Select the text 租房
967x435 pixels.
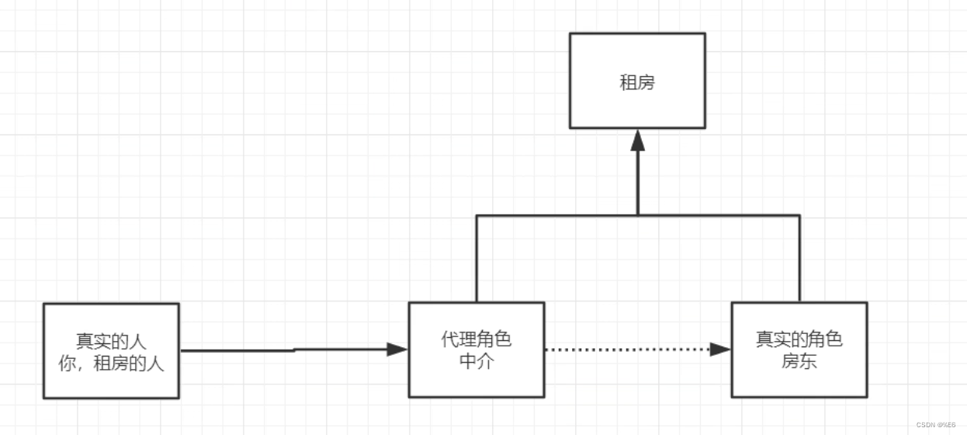click(x=637, y=82)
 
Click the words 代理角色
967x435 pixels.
click(x=477, y=339)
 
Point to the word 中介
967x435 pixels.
click(x=477, y=361)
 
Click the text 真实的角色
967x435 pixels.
click(x=799, y=339)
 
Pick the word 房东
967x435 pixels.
click(x=799, y=361)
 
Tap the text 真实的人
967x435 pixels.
click(x=111, y=341)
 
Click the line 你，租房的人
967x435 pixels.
click(x=111, y=363)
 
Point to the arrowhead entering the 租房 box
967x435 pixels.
click(x=638, y=141)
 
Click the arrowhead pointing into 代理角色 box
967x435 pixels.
click(x=397, y=350)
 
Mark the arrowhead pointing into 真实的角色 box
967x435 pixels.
click(x=720, y=350)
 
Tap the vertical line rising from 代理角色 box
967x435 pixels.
click(x=477, y=260)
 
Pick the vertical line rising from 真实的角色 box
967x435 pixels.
click(x=799, y=260)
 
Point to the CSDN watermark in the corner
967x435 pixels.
click(x=935, y=426)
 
